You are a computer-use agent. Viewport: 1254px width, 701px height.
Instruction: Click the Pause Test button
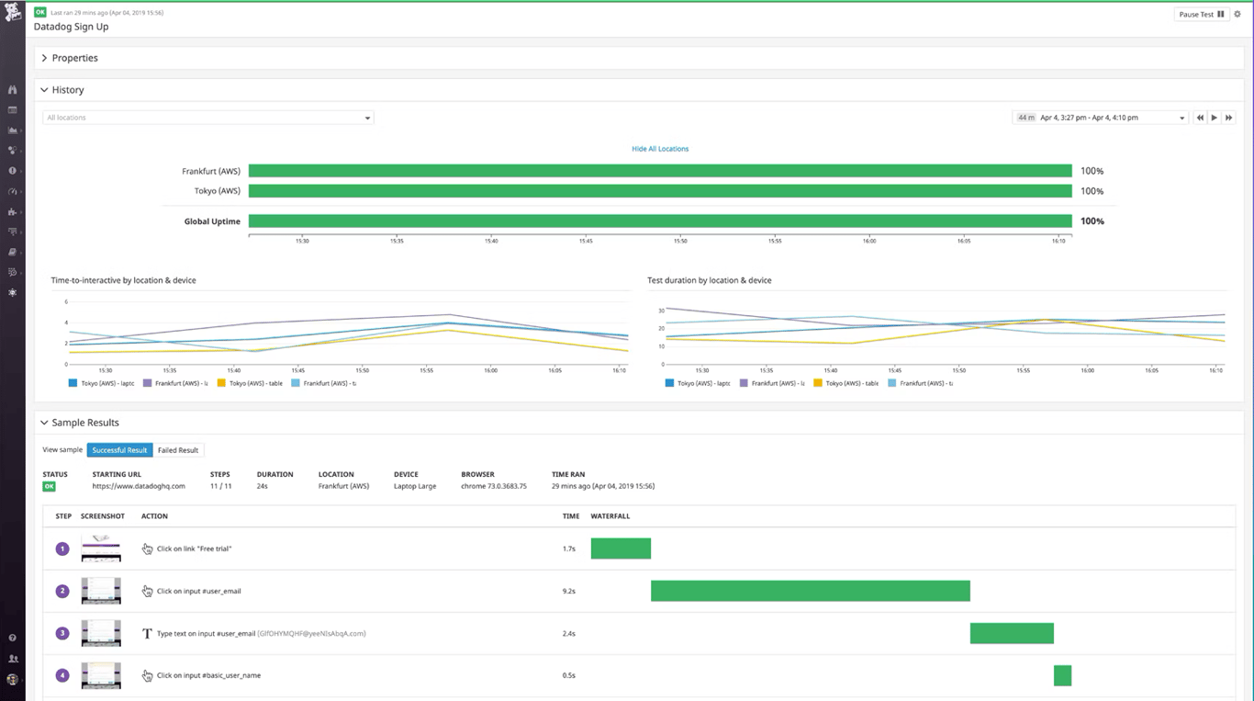click(x=1201, y=15)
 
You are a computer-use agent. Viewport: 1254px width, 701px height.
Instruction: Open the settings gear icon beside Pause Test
click(x=1237, y=15)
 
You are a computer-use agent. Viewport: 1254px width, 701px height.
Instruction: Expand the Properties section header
click(x=74, y=58)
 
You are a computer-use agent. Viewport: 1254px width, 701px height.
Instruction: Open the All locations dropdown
click(x=207, y=118)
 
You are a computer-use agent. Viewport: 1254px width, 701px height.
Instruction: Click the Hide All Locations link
click(x=659, y=149)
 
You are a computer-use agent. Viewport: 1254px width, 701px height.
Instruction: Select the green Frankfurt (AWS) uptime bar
click(x=659, y=171)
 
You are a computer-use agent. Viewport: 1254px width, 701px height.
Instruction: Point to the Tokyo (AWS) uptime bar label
click(x=217, y=191)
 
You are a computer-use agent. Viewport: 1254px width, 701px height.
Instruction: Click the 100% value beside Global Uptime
click(x=1092, y=221)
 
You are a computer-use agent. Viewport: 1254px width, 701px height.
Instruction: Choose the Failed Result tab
click(x=178, y=450)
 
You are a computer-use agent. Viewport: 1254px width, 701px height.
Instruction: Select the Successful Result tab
click(x=119, y=450)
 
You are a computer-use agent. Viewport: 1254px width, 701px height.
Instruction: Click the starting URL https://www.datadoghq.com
click(x=139, y=486)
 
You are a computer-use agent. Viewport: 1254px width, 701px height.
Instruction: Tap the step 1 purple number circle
click(x=62, y=548)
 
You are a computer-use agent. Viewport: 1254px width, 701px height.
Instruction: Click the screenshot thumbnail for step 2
click(x=101, y=591)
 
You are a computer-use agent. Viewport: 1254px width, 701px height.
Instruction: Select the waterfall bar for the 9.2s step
click(x=810, y=591)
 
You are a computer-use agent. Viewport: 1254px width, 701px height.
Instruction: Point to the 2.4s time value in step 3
click(x=568, y=633)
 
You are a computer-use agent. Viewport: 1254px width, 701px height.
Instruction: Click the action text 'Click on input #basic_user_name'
click(x=208, y=675)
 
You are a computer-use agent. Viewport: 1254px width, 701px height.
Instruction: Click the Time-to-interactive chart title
click(x=123, y=280)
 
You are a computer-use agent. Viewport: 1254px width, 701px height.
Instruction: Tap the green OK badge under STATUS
click(x=49, y=486)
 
